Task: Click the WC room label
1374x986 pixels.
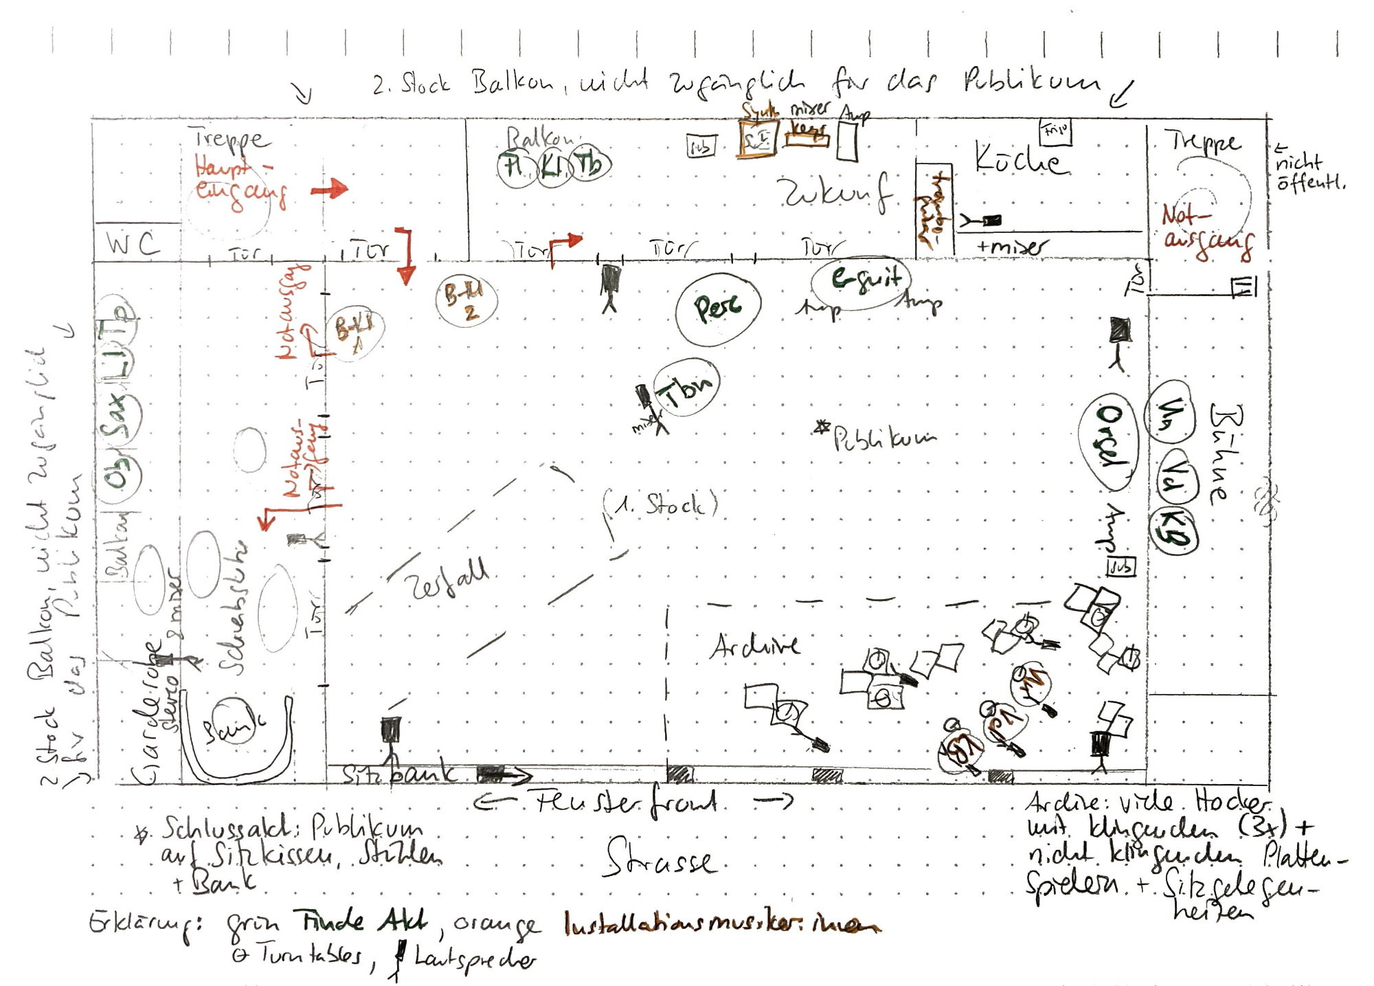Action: click(x=133, y=244)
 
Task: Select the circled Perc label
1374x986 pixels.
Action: click(x=718, y=307)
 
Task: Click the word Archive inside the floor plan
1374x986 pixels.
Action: click(x=754, y=646)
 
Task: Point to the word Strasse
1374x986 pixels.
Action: click(x=660, y=860)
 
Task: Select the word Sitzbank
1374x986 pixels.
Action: click(x=398, y=774)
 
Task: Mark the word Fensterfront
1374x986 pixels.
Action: click(x=625, y=802)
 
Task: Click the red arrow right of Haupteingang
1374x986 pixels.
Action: click(x=330, y=189)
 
